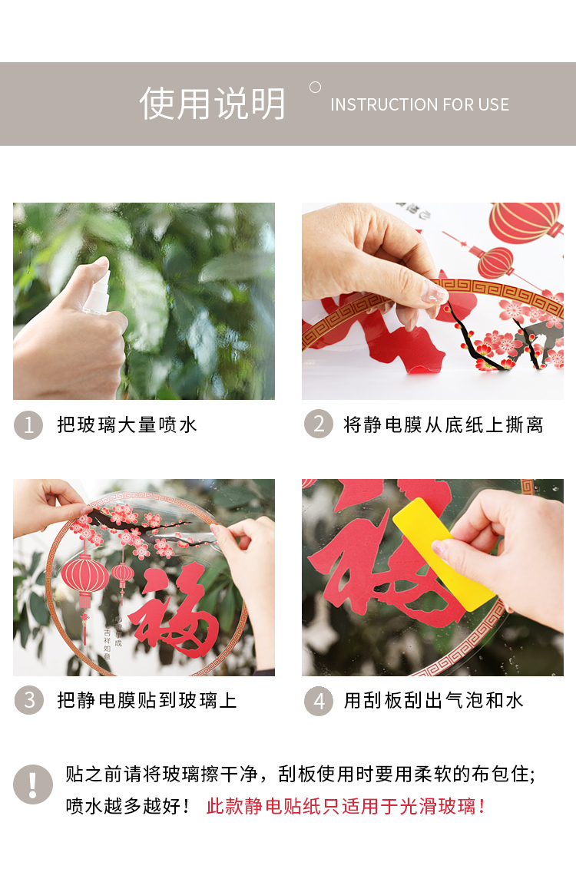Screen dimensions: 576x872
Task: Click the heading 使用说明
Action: pos(212,104)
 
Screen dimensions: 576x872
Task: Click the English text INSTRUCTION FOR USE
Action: pos(419,104)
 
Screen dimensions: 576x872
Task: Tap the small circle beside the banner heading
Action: pos(315,88)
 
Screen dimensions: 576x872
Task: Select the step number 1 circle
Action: pos(28,425)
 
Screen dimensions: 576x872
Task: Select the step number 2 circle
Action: pos(318,424)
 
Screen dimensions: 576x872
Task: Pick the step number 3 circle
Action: pos(29,700)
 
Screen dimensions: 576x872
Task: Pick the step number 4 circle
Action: pos(318,701)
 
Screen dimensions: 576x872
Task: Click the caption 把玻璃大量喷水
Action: pos(127,425)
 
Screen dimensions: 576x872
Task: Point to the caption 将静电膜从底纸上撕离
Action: pos(444,425)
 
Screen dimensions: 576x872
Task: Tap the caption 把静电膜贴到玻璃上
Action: pos(147,700)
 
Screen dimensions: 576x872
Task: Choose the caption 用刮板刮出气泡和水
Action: pos(433,700)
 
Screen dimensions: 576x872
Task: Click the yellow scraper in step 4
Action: pos(444,554)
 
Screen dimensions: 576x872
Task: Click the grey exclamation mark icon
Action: pos(33,784)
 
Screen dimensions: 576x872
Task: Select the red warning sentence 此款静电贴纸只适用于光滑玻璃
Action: pos(346,806)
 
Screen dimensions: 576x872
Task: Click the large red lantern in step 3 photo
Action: pos(84,581)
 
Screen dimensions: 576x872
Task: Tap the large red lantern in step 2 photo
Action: pos(525,222)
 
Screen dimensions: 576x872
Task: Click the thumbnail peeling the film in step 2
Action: pos(432,301)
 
